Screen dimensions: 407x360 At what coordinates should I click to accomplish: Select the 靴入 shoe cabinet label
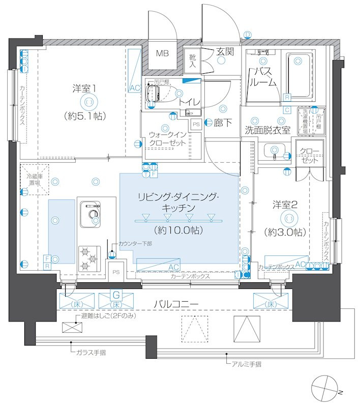click(193, 61)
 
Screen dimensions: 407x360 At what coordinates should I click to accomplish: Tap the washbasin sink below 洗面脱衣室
click(275, 150)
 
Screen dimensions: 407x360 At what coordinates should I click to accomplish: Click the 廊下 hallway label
click(224, 122)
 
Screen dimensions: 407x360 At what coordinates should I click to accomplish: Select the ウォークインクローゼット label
click(167, 138)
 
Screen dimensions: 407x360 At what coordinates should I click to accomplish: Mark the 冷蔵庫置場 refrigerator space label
click(35, 179)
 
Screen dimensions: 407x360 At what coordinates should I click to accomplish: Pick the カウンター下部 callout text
click(135, 244)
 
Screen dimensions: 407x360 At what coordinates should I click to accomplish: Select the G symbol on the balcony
click(116, 295)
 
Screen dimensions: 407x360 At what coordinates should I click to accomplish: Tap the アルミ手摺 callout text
click(246, 364)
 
